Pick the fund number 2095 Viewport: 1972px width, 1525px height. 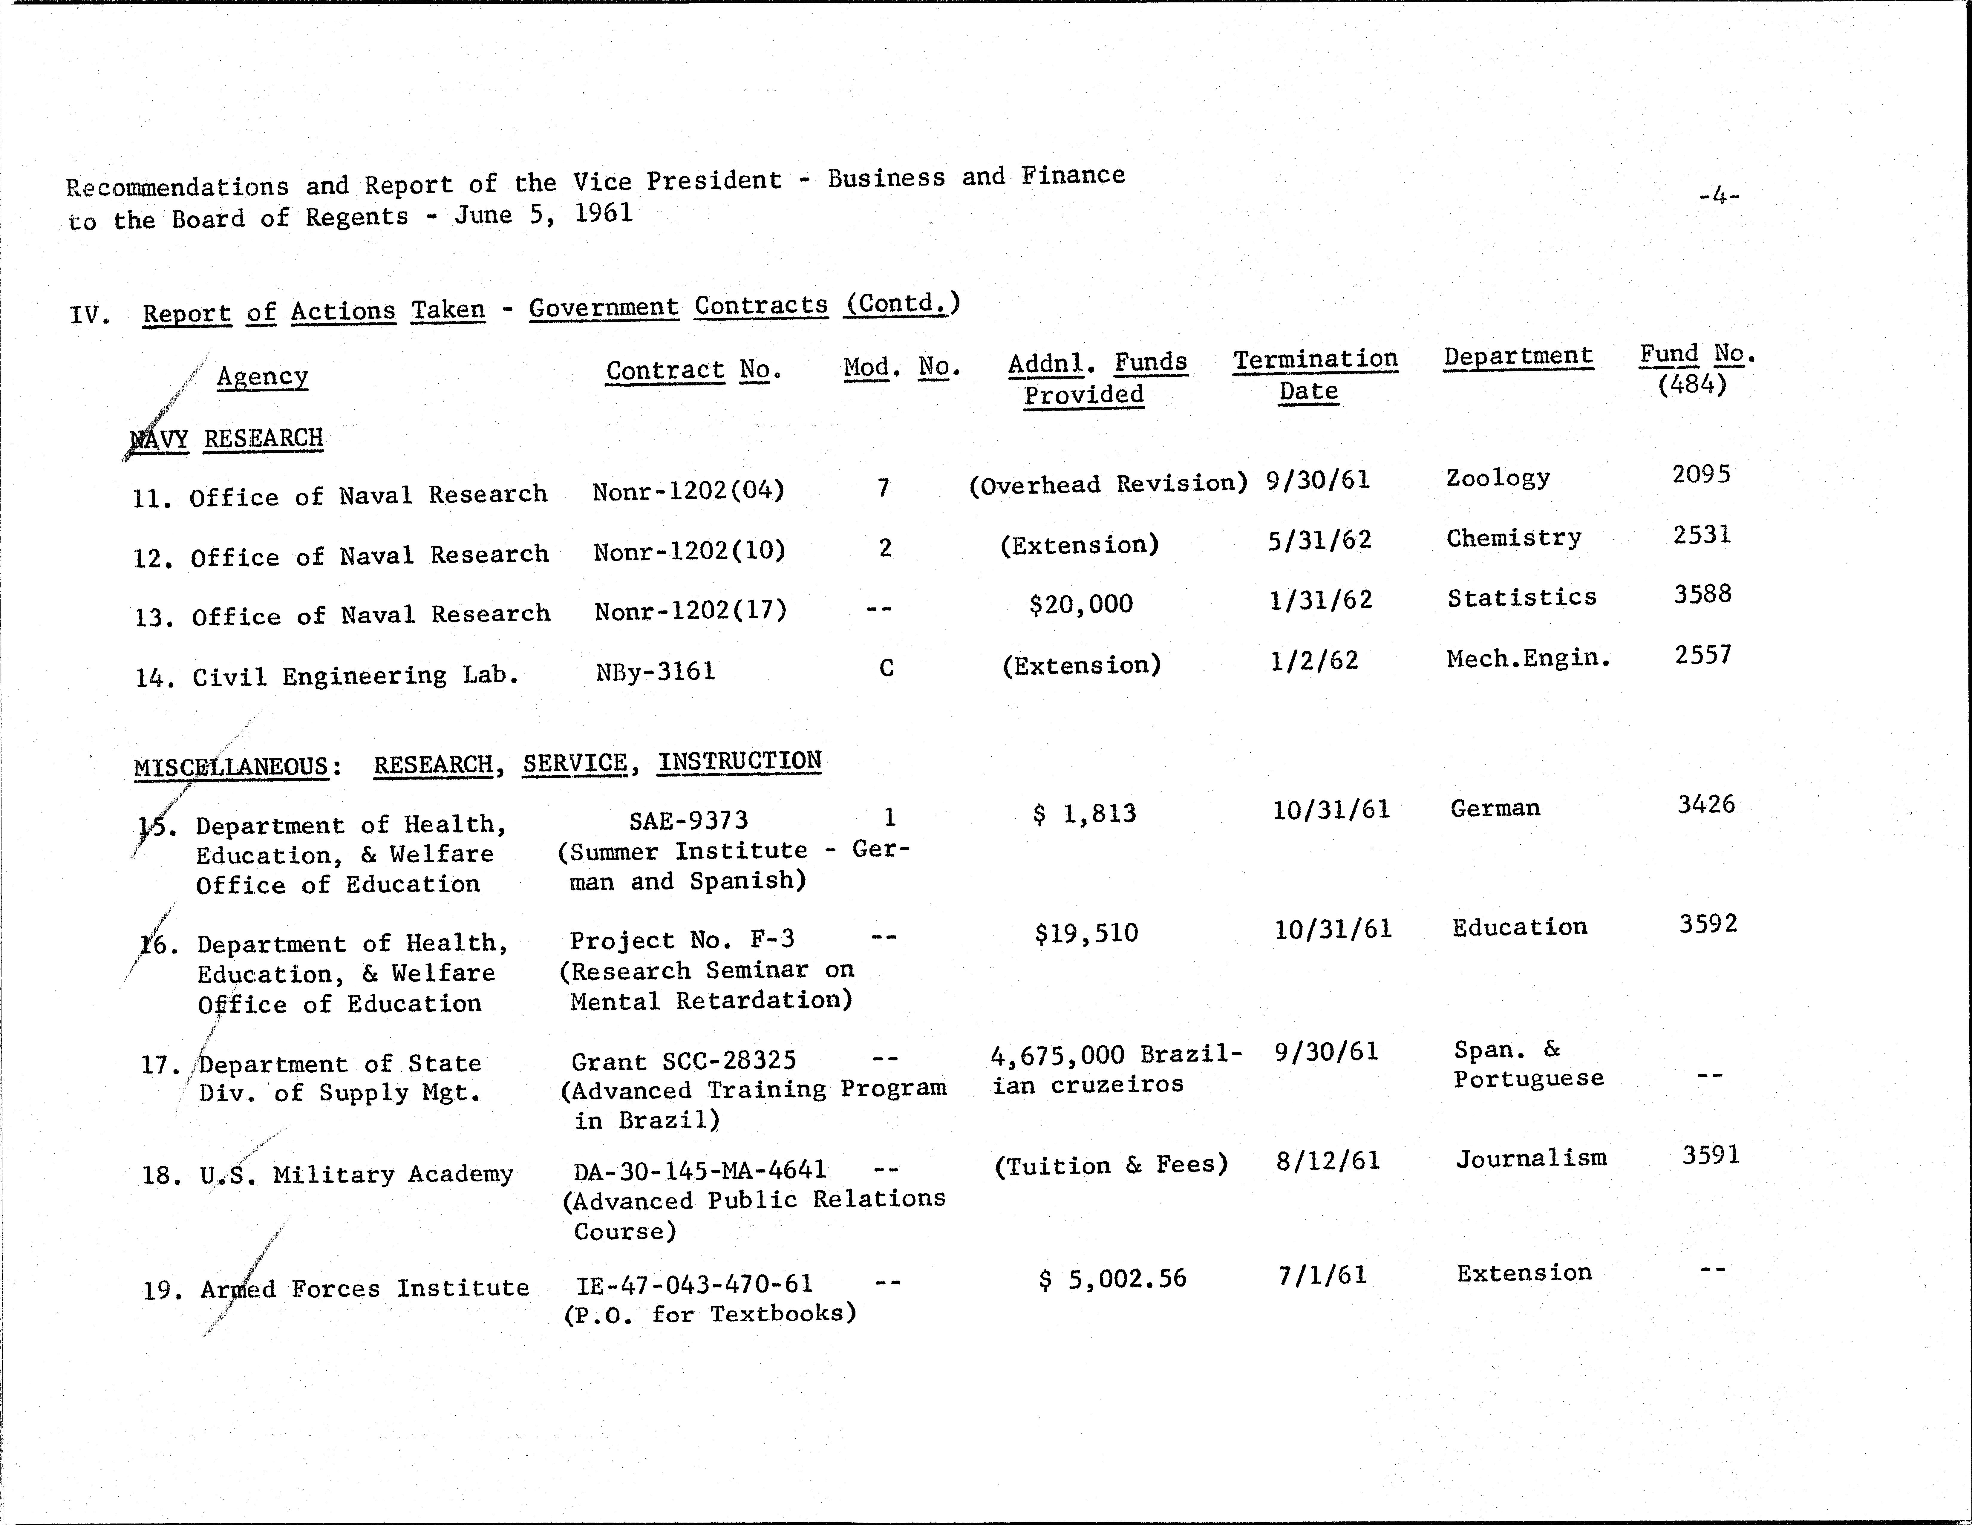(x=1701, y=474)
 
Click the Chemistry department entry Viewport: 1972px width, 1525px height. (x=1513, y=538)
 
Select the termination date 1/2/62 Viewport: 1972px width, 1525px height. (x=1314, y=661)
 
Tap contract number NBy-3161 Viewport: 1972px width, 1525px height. (x=656, y=672)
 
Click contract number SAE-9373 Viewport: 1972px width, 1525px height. (x=688, y=820)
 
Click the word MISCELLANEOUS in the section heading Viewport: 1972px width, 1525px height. (x=231, y=768)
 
